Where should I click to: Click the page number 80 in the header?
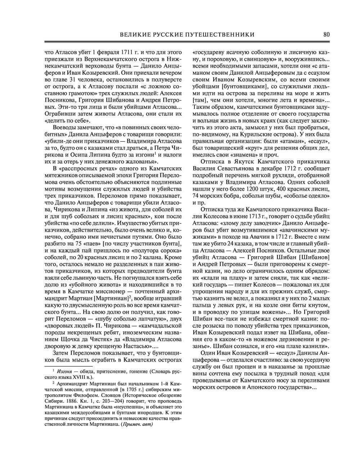(x=327, y=35)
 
